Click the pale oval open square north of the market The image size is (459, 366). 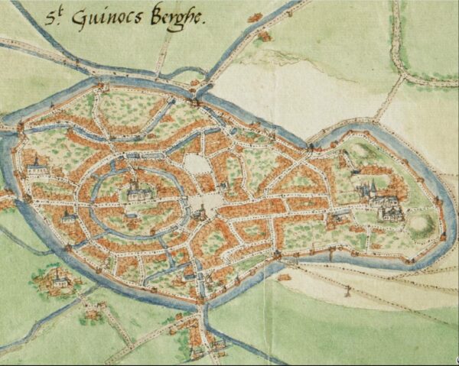pyautogui.click(x=197, y=164)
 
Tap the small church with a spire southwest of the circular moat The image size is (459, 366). pyautogui.click(x=69, y=217)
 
